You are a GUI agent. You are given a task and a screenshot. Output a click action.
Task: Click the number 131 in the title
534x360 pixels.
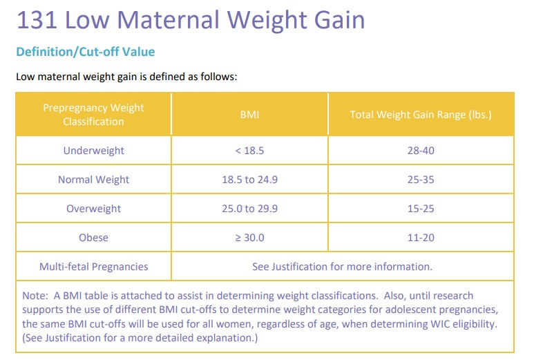tap(37, 19)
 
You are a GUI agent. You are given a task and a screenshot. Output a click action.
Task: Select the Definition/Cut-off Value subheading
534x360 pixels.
tap(85, 52)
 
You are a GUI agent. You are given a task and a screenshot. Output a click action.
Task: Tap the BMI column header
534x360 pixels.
tap(249, 115)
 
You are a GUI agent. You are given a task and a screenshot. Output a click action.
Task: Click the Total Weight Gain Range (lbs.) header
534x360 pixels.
tap(421, 115)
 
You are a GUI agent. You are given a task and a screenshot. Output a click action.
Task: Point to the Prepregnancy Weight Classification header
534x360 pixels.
tap(93, 115)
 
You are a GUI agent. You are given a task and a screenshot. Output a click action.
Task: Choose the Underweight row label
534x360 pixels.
tap(93, 151)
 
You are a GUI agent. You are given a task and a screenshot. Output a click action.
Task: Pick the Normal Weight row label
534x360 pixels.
tap(93, 180)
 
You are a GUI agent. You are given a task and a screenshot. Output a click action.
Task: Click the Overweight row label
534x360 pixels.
tap(93, 209)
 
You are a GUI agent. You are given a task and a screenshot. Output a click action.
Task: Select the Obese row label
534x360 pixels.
tap(93, 238)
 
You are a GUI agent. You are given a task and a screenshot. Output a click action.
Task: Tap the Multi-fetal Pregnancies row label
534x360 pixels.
tap(93, 267)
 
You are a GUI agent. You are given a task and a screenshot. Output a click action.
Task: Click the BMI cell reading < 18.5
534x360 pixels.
tap(249, 151)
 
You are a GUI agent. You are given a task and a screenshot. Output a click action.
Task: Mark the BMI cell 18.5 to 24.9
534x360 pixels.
tap(249, 180)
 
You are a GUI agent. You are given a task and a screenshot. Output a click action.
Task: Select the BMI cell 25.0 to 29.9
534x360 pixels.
tap(249, 209)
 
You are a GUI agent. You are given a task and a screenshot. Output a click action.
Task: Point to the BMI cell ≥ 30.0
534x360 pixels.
tap(249, 238)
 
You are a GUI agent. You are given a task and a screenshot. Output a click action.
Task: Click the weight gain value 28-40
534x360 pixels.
tap(421, 151)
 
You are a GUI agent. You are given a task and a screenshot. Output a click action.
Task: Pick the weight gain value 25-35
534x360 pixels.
tap(421, 180)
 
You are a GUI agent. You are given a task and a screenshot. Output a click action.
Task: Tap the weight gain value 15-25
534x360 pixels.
tap(421, 209)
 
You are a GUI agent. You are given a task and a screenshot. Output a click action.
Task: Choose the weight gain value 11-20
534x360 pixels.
tap(421, 238)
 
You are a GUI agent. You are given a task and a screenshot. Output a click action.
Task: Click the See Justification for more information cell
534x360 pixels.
tap(342, 267)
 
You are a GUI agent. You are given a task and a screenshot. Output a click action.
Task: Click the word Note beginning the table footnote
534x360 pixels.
tap(34, 296)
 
